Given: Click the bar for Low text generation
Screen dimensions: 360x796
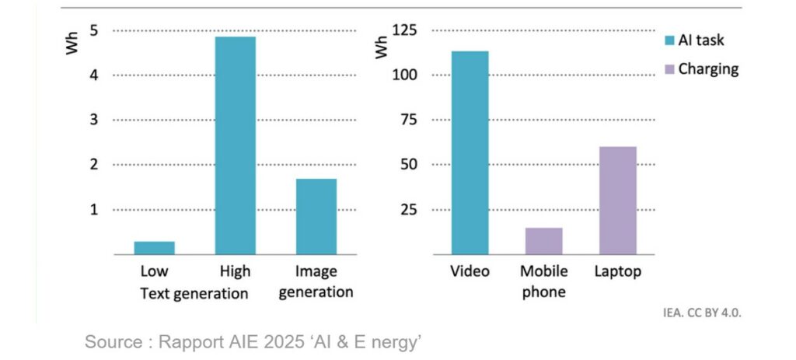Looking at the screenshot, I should (x=154, y=247).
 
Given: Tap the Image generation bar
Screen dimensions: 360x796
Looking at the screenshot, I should (x=316, y=216).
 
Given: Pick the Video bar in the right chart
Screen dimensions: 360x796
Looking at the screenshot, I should (x=470, y=152).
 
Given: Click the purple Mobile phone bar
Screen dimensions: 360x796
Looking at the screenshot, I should (x=543, y=241).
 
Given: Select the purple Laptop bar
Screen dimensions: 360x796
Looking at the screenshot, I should (x=617, y=200).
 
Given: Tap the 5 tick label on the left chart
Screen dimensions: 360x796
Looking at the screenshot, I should (x=93, y=30).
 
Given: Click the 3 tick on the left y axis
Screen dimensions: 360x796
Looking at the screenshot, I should (x=93, y=120).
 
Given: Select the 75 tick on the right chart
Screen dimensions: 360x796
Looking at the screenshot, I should (x=409, y=120).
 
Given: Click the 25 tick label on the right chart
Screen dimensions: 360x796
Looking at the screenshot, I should (x=409, y=210).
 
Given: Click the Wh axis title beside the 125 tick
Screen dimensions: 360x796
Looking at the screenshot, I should (x=382, y=47).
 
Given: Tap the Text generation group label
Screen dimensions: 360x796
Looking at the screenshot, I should (x=194, y=294).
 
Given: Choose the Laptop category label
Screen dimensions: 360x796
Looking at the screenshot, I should (x=617, y=272).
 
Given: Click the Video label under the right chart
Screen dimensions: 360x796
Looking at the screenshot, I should (x=470, y=272).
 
